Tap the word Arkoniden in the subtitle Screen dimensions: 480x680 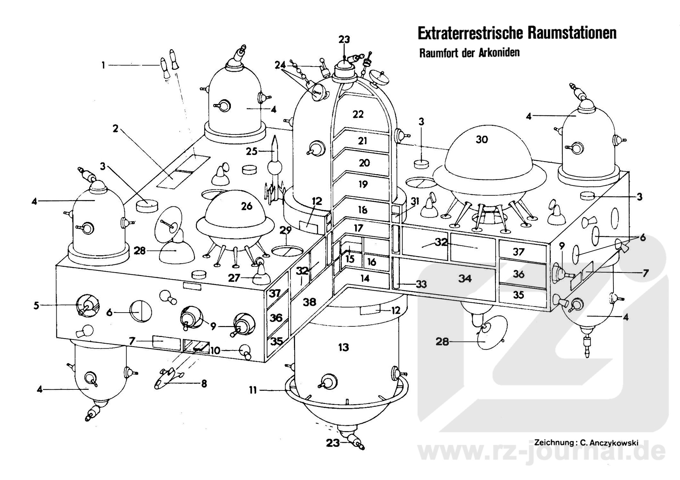click(500, 53)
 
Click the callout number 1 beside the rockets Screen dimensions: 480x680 click(103, 65)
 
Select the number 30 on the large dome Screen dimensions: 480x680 click(482, 139)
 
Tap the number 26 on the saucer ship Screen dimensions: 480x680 click(246, 206)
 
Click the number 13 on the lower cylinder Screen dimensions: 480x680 click(343, 347)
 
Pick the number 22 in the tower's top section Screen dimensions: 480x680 click(358, 114)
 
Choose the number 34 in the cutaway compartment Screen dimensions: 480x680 click(465, 279)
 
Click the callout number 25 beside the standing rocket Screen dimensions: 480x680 click(251, 152)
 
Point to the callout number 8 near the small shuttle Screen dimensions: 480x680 click(204, 383)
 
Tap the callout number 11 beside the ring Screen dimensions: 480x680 click(253, 390)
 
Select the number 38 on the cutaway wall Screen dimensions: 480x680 click(310, 302)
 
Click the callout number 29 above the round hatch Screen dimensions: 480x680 click(285, 230)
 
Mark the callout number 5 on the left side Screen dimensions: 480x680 click(36, 305)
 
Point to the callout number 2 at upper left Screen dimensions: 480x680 click(115, 129)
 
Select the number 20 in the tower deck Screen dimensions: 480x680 click(364, 163)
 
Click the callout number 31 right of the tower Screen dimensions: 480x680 click(415, 201)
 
